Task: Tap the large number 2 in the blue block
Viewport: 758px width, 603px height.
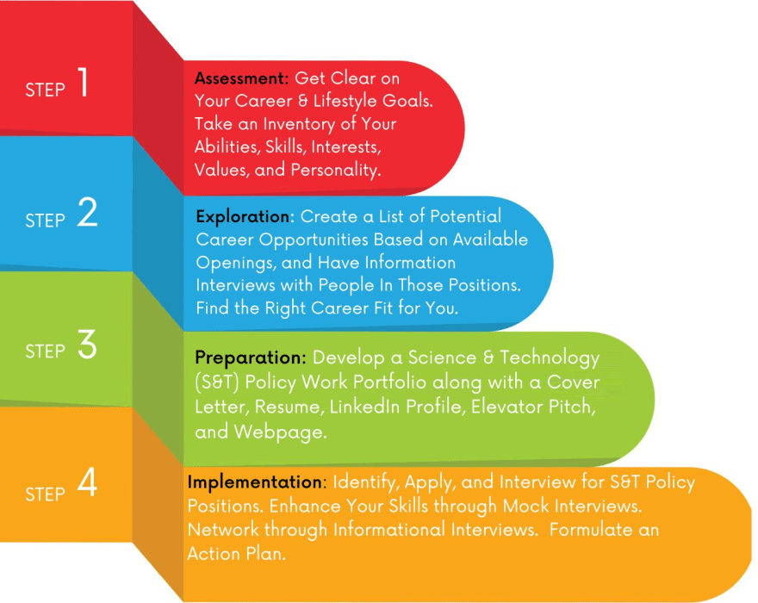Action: (x=87, y=214)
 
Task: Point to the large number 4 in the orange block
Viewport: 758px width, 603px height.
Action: (x=87, y=486)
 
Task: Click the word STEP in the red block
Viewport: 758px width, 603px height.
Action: (x=46, y=90)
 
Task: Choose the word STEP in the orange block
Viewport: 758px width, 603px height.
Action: (x=46, y=494)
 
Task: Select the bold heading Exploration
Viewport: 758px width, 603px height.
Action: (x=245, y=216)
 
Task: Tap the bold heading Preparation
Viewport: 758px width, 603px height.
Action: (x=250, y=357)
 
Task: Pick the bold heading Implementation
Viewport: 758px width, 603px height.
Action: (x=254, y=482)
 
